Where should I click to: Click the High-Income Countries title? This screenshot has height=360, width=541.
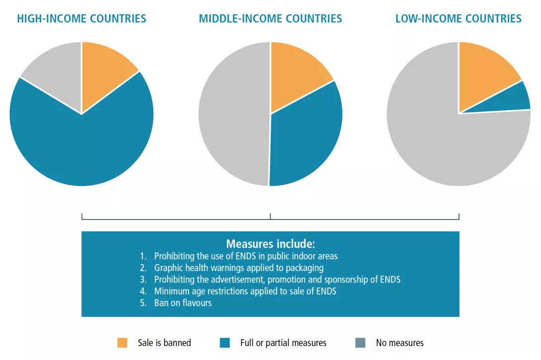81,19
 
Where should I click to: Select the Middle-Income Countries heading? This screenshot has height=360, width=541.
270,19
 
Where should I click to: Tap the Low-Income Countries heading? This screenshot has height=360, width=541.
458,19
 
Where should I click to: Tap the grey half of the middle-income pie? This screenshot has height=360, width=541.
233,114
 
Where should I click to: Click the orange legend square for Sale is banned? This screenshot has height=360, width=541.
122,343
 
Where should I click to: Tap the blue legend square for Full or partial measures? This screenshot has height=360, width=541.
225,343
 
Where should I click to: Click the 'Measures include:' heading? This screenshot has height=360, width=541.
270,244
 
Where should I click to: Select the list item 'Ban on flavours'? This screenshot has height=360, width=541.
183,303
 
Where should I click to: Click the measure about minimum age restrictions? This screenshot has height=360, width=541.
245,291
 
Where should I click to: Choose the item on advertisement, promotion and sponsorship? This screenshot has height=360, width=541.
277,280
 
